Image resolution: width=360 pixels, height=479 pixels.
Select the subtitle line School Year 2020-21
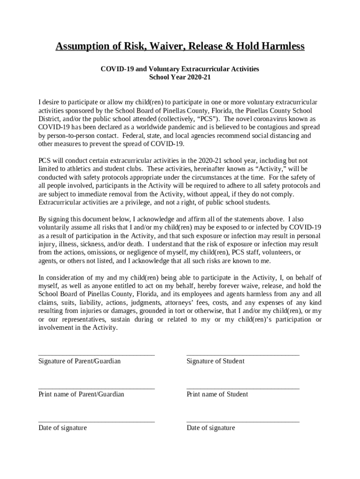pos(180,77)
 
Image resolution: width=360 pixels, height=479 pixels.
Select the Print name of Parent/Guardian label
pos(81,394)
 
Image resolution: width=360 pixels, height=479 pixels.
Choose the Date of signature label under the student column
pos(211,428)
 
